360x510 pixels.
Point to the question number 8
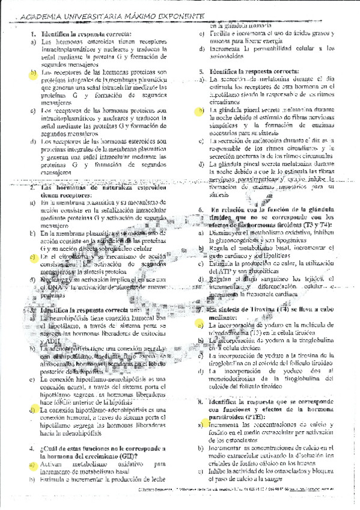tap(201, 401)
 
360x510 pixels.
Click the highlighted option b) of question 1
tap(32, 73)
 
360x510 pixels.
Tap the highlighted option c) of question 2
tap(32, 257)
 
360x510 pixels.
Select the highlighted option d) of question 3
tap(32, 410)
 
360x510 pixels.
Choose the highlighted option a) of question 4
tap(32, 464)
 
